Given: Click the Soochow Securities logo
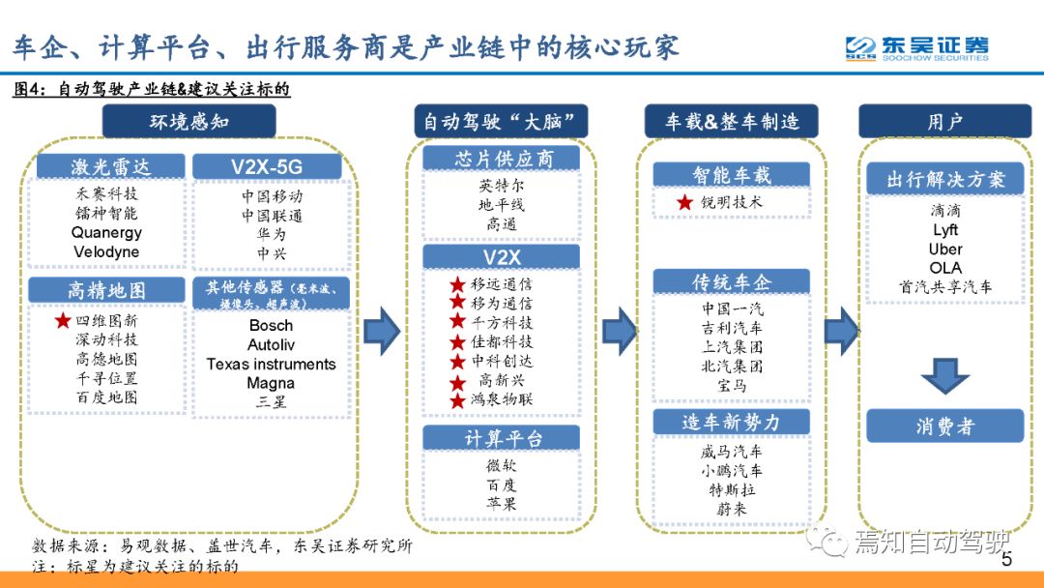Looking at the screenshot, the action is [x=916, y=48].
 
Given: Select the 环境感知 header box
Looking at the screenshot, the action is [x=189, y=121].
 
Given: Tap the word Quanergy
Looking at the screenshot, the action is [x=106, y=232].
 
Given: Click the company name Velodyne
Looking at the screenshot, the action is [x=106, y=251].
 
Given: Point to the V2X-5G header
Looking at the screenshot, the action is [x=267, y=166].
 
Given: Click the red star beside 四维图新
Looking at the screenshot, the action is [x=63, y=320].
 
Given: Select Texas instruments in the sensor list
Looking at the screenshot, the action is [x=271, y=365].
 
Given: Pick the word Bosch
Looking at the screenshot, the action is [x=271, y=326].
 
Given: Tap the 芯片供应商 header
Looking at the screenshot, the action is [x=502, y=159].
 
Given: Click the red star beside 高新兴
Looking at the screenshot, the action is [x=457, y=383].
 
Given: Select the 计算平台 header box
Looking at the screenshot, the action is [x=502, y=438].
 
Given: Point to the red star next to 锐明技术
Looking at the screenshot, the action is [x=684, y=202].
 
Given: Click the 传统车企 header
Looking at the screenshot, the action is [x=731, y=281].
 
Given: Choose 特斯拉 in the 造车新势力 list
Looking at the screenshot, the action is [x=732, y=490].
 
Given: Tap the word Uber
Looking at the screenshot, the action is [x=945, y=250].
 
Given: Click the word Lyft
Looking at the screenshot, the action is [x=945, y=230].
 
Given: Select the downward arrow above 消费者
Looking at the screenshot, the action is [x=944, y=375].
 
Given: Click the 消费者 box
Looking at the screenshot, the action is [x=944, y=426].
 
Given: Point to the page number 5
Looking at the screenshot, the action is [x=1006, y=559].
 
